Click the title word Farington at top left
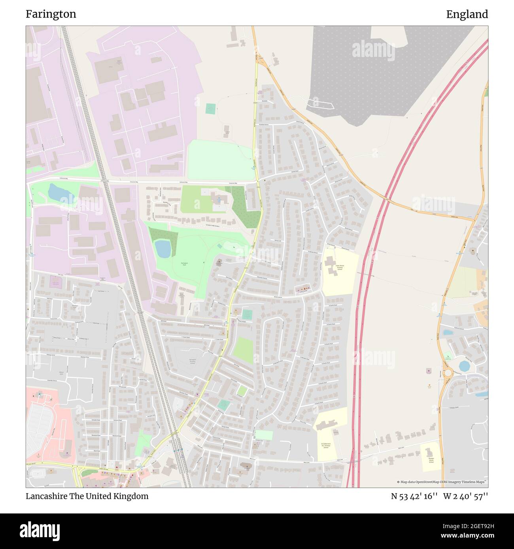(51, 14)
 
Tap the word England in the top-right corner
(467, 14)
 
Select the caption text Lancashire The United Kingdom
(87, 496)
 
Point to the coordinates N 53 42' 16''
(414, 496)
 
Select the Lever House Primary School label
(340, 267)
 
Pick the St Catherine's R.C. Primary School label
(325, 446)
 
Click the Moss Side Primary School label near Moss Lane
(431, 459)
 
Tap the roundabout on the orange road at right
(448, 373)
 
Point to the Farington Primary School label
(193, 361)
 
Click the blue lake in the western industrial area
(57, 193)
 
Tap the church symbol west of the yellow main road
(220, 262)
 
